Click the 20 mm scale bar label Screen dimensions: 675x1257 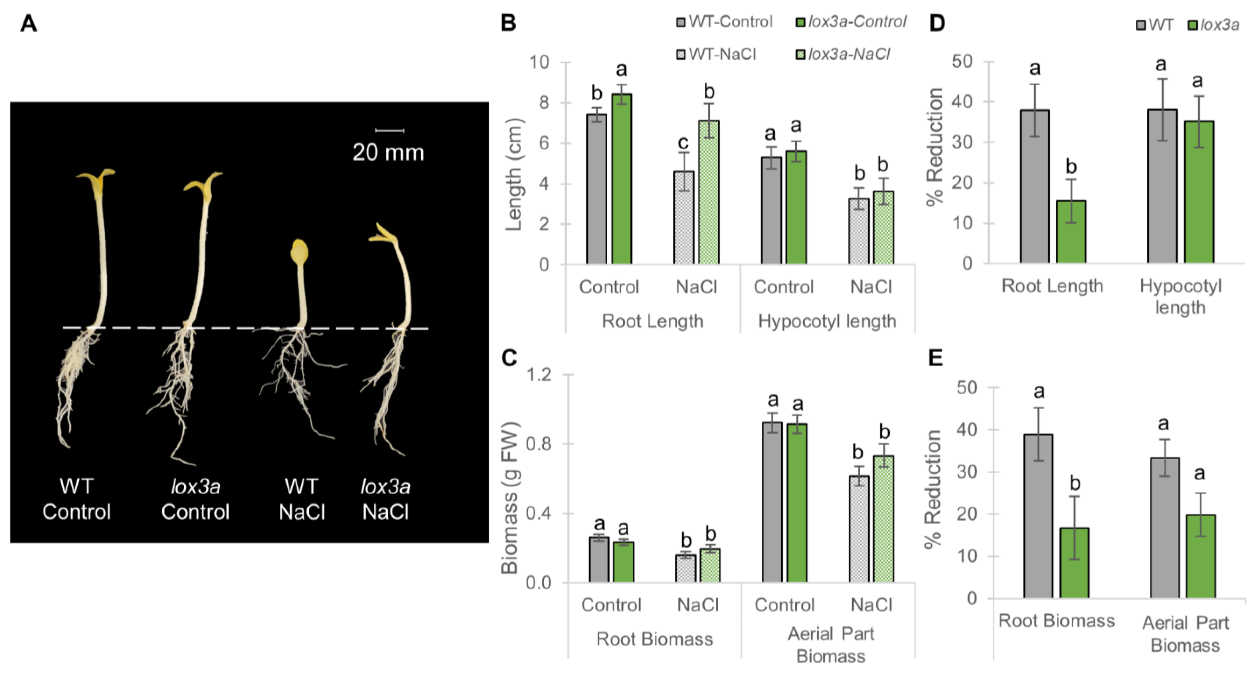coord(388,153)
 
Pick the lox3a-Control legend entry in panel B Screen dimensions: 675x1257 coord(851,22)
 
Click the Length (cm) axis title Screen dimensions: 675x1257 coord(514,174)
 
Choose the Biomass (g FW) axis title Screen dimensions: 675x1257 coord(510,498)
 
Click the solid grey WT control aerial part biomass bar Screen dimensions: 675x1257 coord(772,502)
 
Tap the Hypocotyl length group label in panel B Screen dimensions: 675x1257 coord(827,321)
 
